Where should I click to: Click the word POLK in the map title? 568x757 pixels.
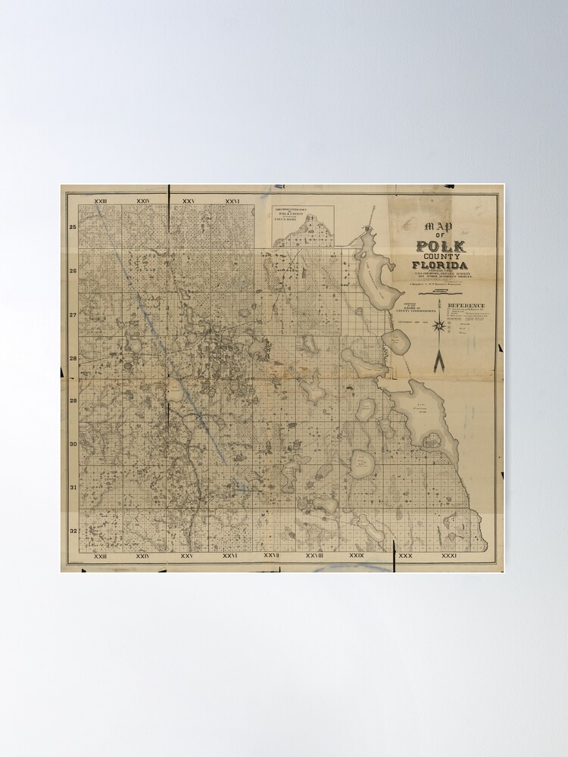441,247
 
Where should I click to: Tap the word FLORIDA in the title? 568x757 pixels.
440,265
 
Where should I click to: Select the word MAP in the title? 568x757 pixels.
437,226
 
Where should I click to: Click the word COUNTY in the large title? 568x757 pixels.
441,256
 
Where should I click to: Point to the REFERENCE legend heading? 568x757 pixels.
471,306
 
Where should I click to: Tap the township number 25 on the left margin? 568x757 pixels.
73,227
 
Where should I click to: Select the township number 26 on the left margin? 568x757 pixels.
73,270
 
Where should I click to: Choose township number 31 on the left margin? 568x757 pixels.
73,487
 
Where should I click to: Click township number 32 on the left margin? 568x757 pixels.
73,530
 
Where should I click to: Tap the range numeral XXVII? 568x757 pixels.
272,556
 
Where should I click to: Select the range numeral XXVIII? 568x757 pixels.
315,556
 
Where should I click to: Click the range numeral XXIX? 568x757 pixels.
357,556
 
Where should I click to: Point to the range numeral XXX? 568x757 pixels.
405,556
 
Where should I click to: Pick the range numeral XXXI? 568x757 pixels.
449,556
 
